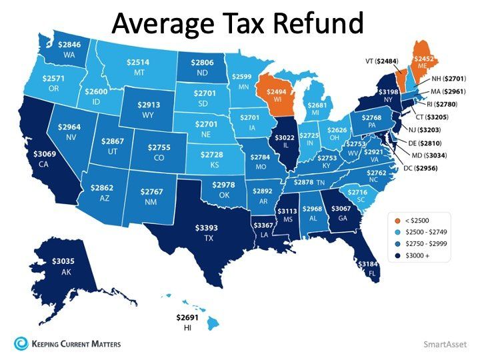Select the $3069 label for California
(45, 155)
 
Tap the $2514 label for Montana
(140, 62)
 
